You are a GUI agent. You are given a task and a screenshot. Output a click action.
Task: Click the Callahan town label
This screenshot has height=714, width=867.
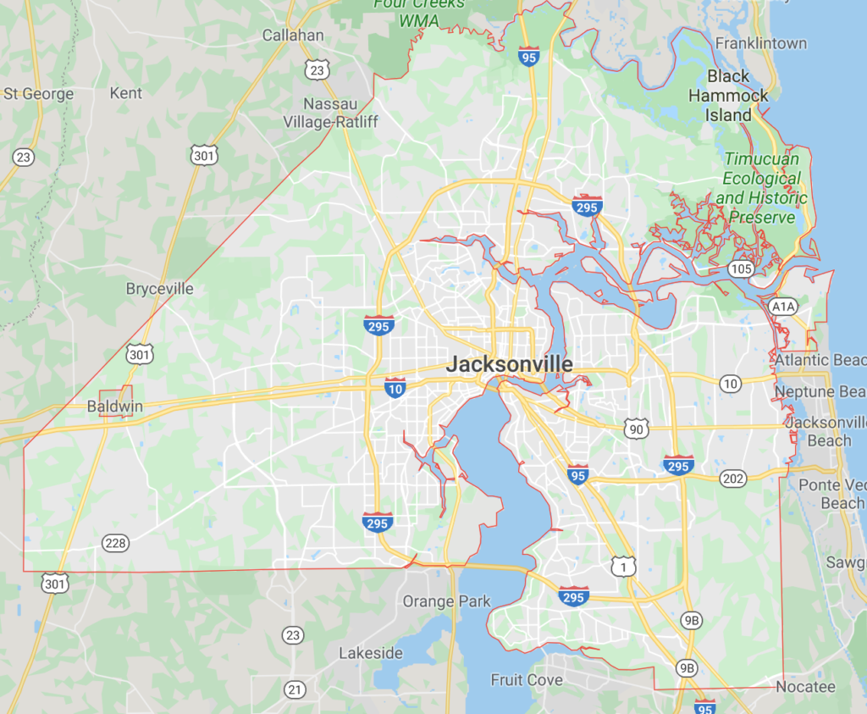(x=293, y=36)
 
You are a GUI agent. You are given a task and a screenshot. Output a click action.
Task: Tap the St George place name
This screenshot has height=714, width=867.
(x=39, y=93)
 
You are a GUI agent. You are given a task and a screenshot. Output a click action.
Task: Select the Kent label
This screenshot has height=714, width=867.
(x=126, y=93)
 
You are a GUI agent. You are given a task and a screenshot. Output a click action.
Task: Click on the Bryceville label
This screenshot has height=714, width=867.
(x=159, y=289)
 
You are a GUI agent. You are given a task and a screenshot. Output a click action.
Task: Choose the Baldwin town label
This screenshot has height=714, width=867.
(x=114, y=407)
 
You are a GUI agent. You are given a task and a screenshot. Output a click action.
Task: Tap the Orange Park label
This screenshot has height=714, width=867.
(x=446, y=601)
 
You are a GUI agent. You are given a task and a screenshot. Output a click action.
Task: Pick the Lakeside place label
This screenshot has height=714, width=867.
(x=371, y=653)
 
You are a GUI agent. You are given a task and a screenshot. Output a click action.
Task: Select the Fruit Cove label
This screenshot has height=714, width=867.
(x=527, y=680)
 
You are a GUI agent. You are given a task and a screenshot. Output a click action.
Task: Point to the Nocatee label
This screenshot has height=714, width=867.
(x=805, y=687)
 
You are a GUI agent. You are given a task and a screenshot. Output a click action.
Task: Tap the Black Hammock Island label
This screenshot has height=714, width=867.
(x=728, y=96)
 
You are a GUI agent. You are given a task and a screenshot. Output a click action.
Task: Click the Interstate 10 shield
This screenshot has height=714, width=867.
(x=395, y=388)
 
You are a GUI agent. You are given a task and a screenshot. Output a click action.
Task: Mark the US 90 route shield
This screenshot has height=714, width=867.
(x=637, y=429)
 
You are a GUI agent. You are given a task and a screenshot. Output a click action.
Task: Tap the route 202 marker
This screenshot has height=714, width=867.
(x=733, y=480)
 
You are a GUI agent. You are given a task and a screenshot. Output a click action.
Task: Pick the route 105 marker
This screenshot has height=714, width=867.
(x=738, y=268)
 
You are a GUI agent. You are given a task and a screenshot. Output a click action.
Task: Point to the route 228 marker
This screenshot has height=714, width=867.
(x=115, y=542)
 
